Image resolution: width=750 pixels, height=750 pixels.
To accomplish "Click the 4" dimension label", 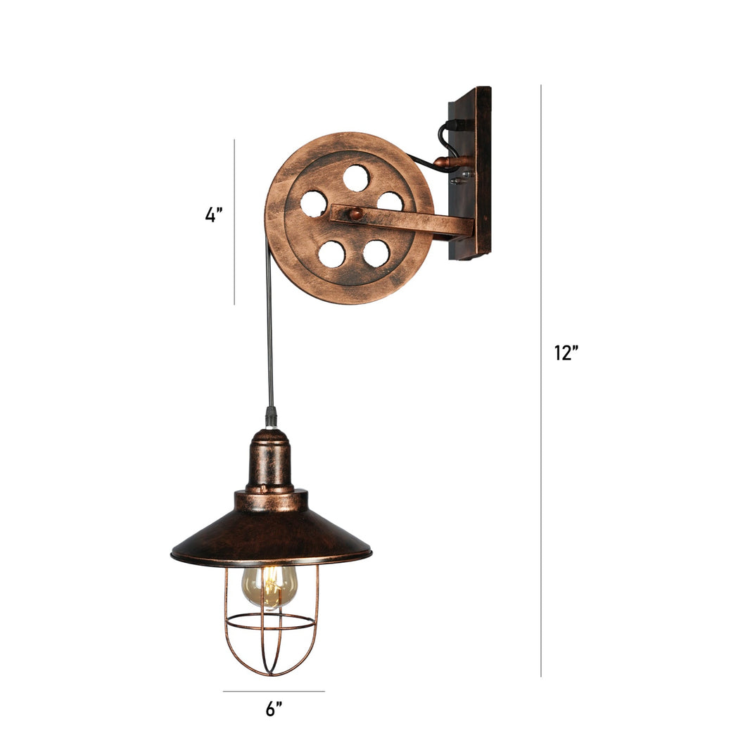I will point(214,215).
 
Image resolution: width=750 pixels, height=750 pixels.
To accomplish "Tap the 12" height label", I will point(566,353).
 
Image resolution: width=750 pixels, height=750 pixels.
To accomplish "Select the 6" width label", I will point(274,709).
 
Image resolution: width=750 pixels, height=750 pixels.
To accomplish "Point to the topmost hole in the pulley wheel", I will point(355,178).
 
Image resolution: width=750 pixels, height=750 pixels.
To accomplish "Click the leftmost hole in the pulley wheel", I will point(313,203).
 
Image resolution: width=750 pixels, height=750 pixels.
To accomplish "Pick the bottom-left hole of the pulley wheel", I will point(331,254).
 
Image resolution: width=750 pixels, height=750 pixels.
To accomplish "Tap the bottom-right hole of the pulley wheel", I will point(376,253).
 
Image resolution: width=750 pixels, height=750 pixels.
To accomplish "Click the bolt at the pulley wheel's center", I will point(357,214).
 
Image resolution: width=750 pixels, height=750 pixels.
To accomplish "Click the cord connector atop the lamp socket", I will point(271,417).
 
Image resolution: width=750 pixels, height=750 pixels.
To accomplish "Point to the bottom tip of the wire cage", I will point(271,674).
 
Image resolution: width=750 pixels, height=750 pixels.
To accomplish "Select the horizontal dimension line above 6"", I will point(274,691).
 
